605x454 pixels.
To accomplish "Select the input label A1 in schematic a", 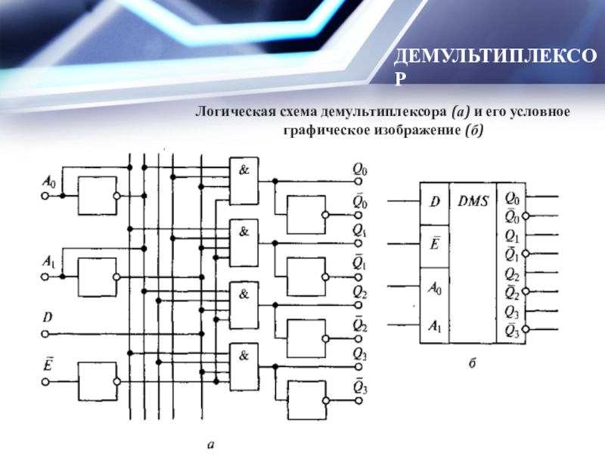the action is (48, 262).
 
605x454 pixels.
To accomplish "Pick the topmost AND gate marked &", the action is (244, 182).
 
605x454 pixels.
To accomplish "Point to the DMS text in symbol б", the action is (473, 201).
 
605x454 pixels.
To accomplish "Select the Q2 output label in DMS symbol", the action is (512, 273).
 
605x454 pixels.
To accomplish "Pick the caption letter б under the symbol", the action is (471, 365).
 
